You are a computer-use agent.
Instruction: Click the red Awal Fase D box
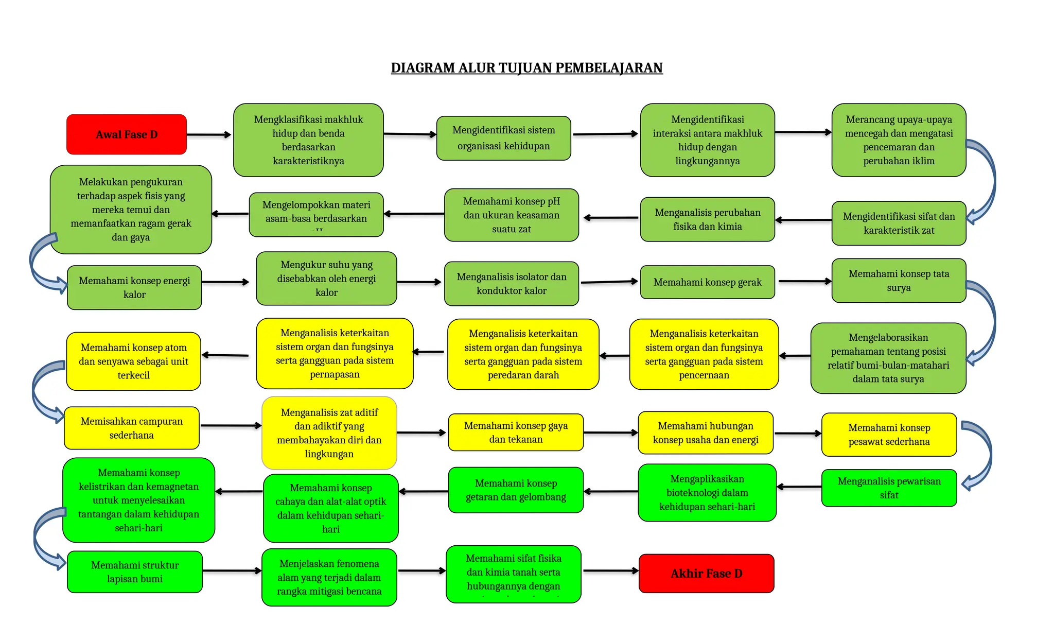(127, 134)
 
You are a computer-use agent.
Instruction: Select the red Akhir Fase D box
(706, 574)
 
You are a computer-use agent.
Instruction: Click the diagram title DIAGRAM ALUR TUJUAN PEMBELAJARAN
(526, 68)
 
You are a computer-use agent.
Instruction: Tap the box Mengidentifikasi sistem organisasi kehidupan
(503, 138)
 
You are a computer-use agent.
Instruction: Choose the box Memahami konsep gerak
(707, 282)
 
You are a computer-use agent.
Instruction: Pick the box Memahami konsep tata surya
(899, 281)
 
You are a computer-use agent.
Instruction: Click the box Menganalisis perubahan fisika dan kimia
(707, 219)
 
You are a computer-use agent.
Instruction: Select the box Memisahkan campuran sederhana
(131, 428)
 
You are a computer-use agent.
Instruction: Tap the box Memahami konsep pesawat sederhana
(889, 435)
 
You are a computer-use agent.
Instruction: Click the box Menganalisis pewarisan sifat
(889, 488)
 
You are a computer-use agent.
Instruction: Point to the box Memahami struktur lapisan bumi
(135, 572)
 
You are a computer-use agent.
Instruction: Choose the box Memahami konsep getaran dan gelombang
(516, 490)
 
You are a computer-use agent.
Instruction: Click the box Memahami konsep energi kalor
(134, 287)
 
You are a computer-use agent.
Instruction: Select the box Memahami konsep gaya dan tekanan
(516, 433)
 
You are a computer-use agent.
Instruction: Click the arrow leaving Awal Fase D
(208, 135)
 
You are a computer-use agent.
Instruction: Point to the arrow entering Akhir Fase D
(610, 570)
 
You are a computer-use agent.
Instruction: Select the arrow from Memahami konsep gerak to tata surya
(804, 282)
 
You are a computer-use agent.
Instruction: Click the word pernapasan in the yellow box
(335, 374)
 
